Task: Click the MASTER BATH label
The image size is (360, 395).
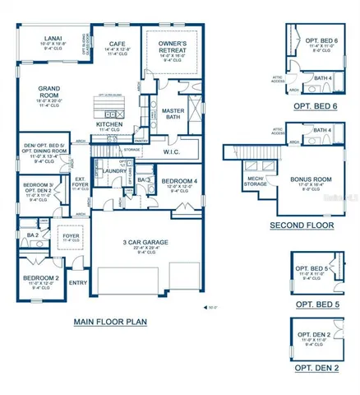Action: coord(173,114)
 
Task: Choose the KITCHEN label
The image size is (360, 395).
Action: coord(110,124)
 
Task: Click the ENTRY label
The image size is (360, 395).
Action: coord(78,283)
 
